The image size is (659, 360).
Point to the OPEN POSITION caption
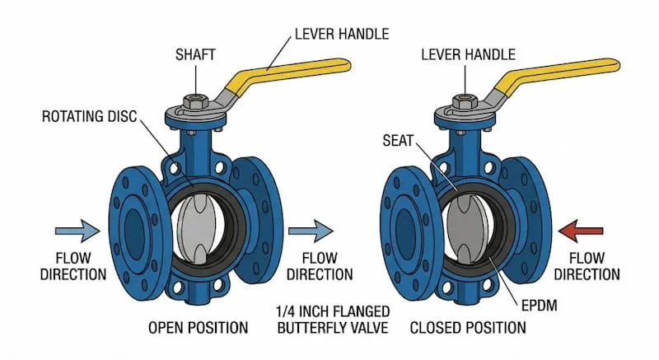point(198,328)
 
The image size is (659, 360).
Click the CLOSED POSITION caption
point(468,328)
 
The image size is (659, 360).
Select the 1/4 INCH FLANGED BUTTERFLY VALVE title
point(333,320)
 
